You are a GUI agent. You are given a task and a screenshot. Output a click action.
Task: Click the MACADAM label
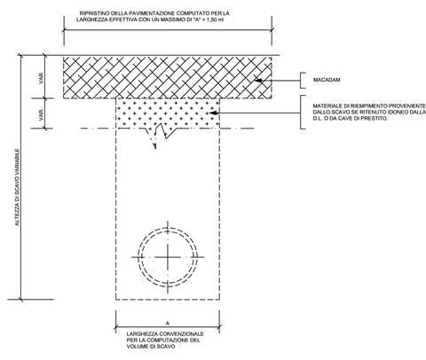(327, 80)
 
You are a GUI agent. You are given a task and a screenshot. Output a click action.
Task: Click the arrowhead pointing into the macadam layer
(258, 80)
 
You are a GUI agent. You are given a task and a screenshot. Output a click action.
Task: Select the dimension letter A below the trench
(168, 324)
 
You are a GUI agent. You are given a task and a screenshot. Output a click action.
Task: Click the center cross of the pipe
(168, 257)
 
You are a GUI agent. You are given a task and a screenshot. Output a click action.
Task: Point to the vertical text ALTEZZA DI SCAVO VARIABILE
(18, 187)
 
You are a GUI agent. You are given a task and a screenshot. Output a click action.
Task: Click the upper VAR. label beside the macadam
(41, 78)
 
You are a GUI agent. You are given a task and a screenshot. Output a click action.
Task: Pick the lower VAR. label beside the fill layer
(41, 114)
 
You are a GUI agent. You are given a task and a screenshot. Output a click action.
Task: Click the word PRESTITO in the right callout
(376, 118)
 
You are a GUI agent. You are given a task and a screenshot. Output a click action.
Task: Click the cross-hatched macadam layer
(168, 77)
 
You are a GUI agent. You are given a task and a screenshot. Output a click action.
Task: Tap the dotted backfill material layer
(168, 113)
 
